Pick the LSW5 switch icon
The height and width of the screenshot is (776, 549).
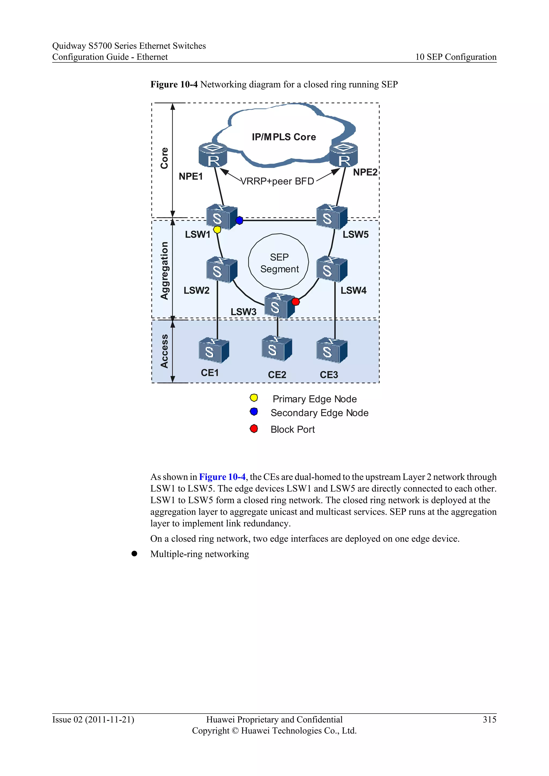pos(331,217)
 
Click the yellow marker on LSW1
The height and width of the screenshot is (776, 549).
pos(217,230)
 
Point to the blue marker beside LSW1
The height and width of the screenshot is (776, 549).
pos(239,220)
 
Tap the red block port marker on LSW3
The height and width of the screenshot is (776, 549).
pos(295,301)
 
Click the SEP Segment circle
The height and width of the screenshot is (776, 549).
pos(279,262)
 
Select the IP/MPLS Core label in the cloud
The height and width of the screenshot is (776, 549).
pos(284,137)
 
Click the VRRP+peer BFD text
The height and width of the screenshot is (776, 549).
pos(277,181)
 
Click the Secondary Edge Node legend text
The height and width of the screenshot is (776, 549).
pos(320,413)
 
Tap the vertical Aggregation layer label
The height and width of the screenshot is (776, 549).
pos(164,270)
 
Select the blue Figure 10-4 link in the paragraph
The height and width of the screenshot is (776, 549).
pos(222,477)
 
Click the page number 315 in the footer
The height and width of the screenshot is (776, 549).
pos(489,719)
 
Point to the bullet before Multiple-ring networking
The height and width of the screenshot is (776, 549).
pos(134,554)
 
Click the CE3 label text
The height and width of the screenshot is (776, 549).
pos(329,375)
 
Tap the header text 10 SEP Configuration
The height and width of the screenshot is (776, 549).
pos(456,57)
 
